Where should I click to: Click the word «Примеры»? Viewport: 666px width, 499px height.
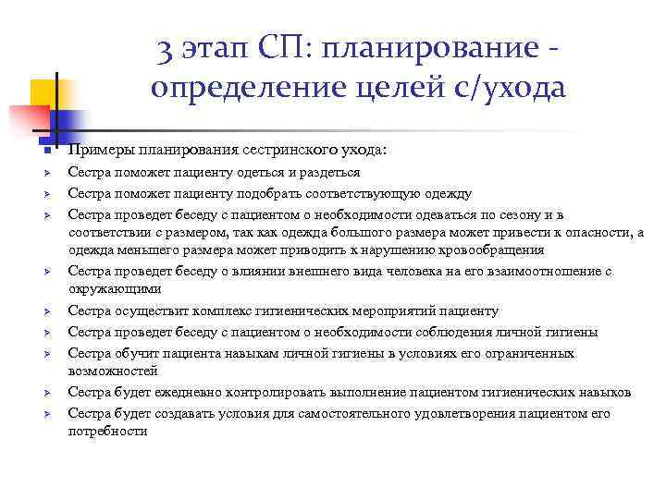95,150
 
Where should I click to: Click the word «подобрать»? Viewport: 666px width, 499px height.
273,194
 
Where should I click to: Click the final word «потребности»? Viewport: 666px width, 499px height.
107,431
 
